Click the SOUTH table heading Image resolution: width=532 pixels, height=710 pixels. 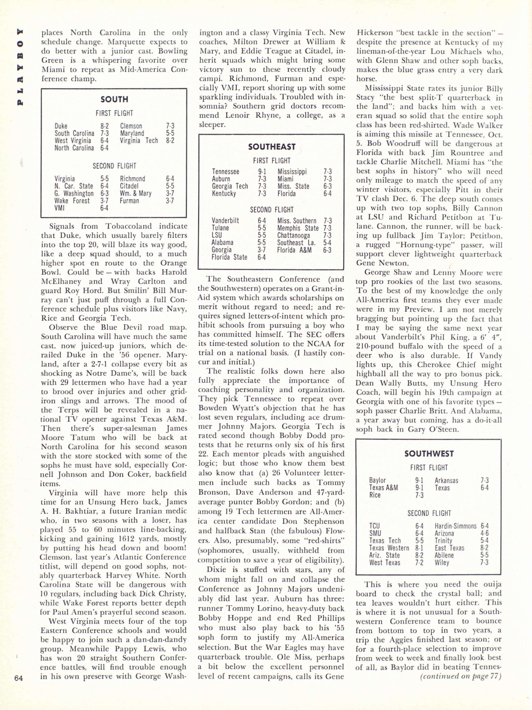114,99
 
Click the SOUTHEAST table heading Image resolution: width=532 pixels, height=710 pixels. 271,147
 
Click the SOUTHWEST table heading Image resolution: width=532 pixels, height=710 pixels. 429,454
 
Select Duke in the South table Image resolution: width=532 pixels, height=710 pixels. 61,126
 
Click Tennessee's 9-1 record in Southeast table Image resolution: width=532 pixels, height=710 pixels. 262,172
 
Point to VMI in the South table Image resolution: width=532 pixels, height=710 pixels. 60,208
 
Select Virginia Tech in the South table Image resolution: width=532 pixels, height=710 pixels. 139,141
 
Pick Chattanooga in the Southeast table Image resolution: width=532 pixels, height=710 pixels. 294,235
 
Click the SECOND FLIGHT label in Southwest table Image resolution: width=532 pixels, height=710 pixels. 429,513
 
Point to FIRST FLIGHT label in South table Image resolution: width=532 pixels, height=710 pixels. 114,113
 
